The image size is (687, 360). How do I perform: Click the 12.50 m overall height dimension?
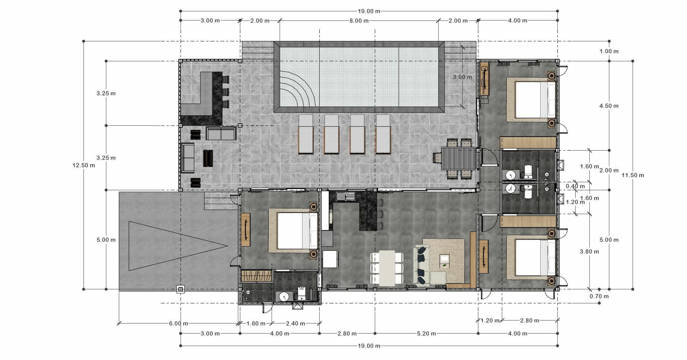(83, 165)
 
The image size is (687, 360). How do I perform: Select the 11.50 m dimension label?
(633, 175)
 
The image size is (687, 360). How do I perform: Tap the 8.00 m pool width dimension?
(359, 20)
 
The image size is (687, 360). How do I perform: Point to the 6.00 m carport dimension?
(178, 323)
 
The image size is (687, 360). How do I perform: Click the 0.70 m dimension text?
(599, 296)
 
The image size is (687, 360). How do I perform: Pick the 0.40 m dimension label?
(575, 186)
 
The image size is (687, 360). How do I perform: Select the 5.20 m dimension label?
(427, 334)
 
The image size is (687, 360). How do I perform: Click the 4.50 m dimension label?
(609, 106)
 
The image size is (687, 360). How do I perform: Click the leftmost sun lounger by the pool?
(306, 134)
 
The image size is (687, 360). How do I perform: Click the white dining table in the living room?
(387, 268)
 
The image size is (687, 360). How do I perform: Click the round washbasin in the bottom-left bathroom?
(284, 297)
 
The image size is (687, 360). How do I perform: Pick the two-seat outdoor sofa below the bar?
(221, 133)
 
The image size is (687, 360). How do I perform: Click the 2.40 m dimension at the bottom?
(295, 323)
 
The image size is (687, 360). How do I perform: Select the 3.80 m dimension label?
(589, 252)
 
